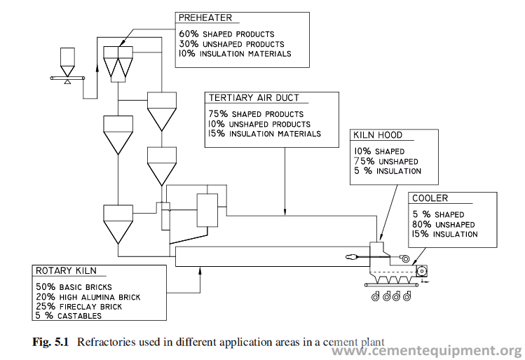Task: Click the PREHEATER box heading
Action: (205, 18)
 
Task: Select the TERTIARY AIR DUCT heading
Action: (254, 97)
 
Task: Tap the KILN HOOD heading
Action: (378, 135)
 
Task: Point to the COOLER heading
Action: (430, 198)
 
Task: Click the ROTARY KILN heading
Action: (66, 270)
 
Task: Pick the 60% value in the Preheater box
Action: (189, 34)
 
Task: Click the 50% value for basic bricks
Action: (46, 286)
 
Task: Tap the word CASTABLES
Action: (79, 316)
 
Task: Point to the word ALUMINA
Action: (98, 297)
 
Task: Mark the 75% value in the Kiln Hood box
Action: (364, 161)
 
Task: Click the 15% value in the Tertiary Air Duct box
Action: (217, 134)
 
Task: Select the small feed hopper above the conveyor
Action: (67, 62)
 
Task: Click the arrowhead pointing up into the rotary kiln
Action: (200, 270)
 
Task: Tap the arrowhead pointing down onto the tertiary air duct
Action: (285, 212)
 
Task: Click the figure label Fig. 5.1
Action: (50, 342)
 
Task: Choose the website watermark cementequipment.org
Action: (427, 351)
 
